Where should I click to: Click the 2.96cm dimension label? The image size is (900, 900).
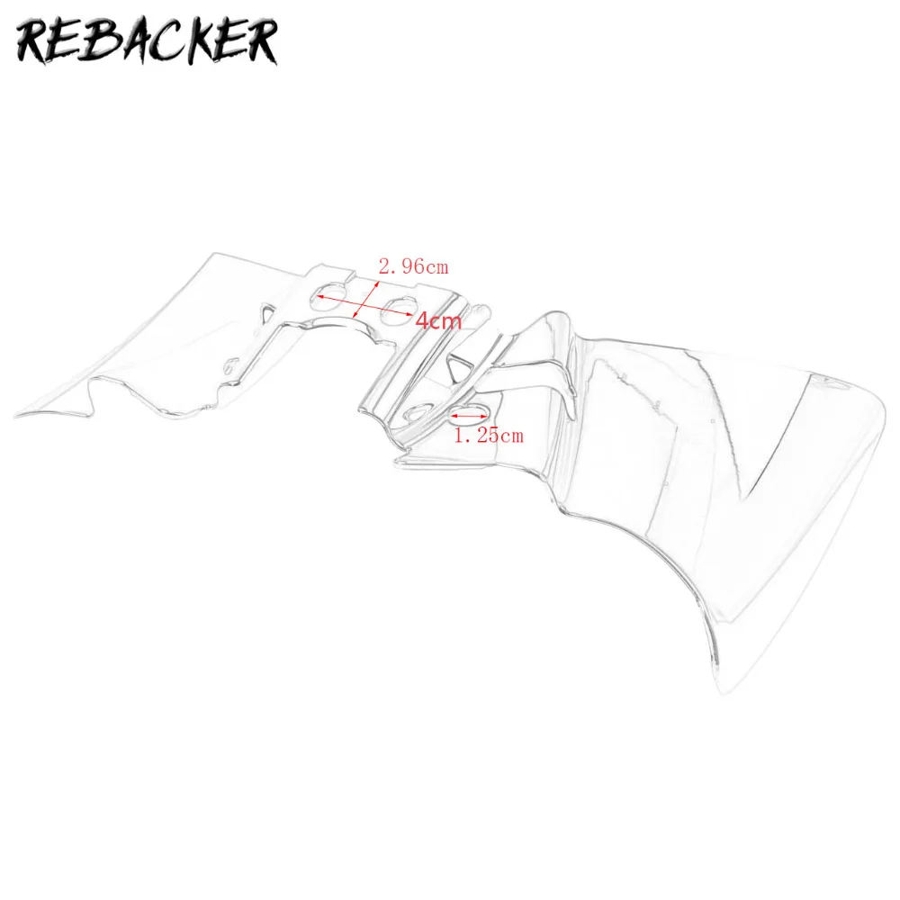pyautogui.click(x=413, y=265)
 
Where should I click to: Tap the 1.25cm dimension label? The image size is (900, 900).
pyautogui.click(x=487, y=436)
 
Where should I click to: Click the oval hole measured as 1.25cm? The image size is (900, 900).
pyautogui.click(x=468, y=416)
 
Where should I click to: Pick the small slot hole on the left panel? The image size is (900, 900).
pyautogui.click(x=232, y=364)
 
